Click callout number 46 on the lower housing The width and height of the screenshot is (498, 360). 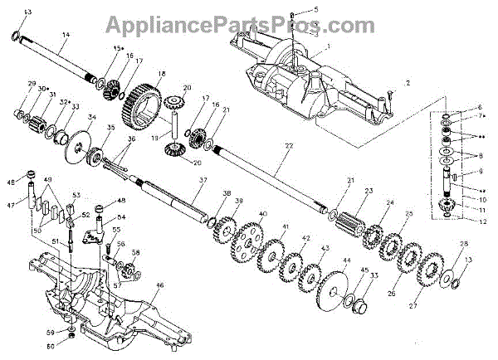(x=160, y=285)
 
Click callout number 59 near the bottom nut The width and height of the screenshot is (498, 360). (x=49, y=332)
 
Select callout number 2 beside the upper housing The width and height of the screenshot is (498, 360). (x=407, y=85)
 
